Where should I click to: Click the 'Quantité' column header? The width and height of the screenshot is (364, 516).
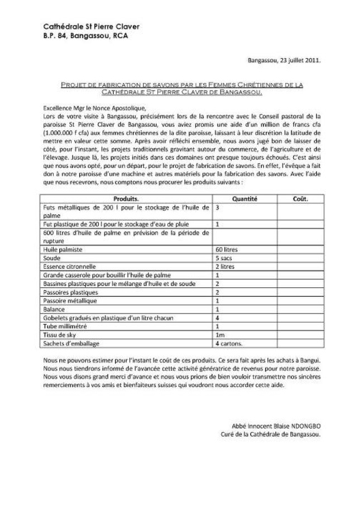pos(245,198)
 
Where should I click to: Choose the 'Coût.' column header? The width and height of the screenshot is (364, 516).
pos(300,198)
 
